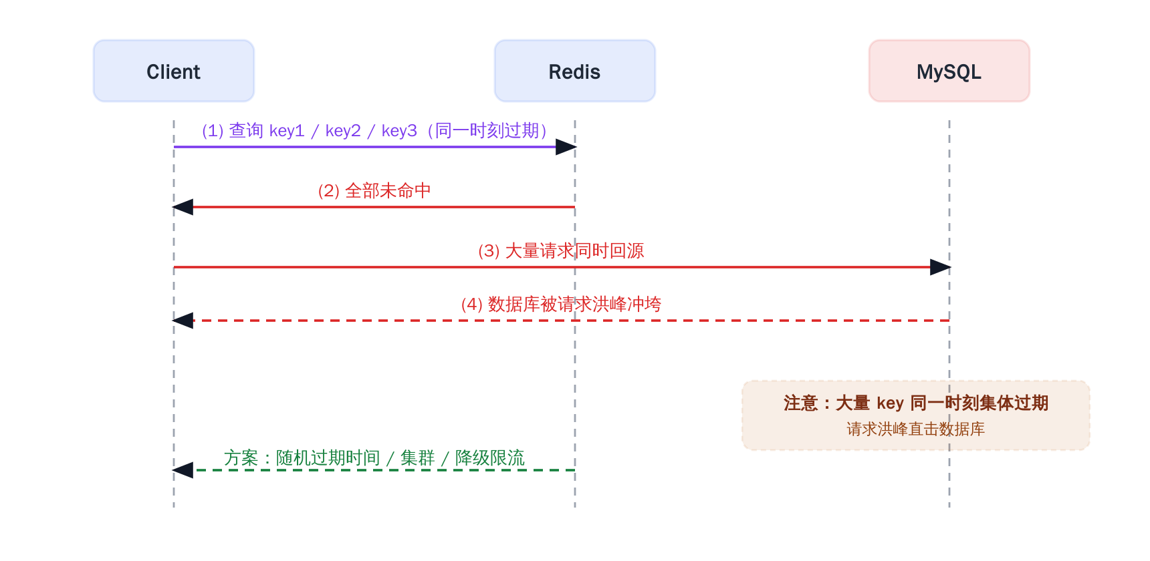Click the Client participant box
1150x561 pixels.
174,71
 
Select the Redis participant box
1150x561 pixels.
575,71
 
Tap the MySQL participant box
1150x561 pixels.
949,71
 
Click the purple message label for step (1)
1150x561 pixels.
374,130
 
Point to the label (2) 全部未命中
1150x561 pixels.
374,191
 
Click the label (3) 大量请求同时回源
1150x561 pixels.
561,251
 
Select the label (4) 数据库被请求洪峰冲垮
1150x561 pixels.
561,305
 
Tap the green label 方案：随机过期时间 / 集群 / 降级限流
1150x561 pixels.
374,458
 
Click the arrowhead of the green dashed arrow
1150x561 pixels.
183,470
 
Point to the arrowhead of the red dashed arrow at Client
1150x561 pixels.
183,321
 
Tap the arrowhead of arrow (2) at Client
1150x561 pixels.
183,207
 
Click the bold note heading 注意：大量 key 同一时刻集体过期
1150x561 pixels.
916,403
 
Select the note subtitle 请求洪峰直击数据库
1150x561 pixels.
916,429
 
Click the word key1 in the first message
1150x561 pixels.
287,131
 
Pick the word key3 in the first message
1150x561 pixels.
399,131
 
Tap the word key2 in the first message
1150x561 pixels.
343,131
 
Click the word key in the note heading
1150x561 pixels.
890,403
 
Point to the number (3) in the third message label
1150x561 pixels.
489,251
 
